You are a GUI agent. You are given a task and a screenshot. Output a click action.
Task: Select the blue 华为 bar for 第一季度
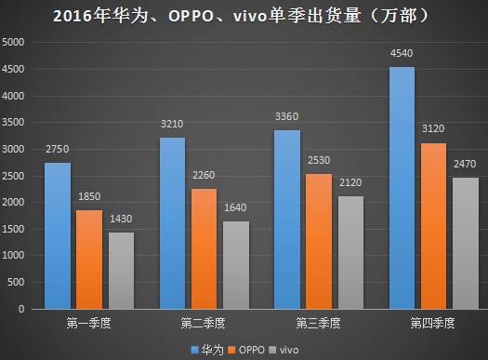pyautogui.click(x=58, y=235)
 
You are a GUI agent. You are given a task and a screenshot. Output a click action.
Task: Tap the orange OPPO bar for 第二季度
pyautogui.click(x=205, y=248)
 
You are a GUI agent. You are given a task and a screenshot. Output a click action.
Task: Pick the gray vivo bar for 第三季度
pyautogui.click(x=351, y=252)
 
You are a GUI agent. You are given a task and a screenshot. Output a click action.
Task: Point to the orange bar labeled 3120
pyautogui.click(x=433, y=225)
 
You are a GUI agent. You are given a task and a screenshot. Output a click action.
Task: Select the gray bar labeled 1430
pyautogui.click(x=122, y=270)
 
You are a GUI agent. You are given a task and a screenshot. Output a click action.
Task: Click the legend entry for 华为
pyautogui.click(x=207, y=348)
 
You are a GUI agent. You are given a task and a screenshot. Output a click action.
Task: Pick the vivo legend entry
pyautogui.click(x=292, y=348)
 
